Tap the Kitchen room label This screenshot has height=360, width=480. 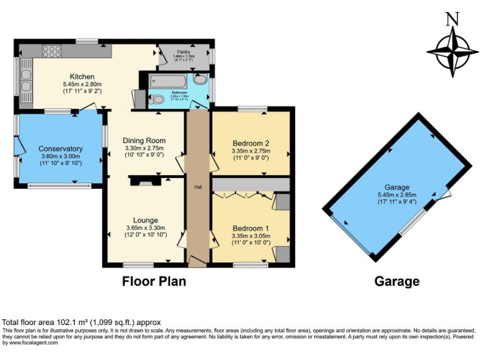82,76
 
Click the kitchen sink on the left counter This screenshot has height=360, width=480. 26,79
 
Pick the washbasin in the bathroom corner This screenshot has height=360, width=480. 200,80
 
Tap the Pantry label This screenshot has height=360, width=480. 183,51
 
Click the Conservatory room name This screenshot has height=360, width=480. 61,149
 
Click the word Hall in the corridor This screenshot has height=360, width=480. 198,187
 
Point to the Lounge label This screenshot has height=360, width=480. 145,220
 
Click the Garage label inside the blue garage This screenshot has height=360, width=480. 397,187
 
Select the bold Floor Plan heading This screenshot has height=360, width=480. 154,281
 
